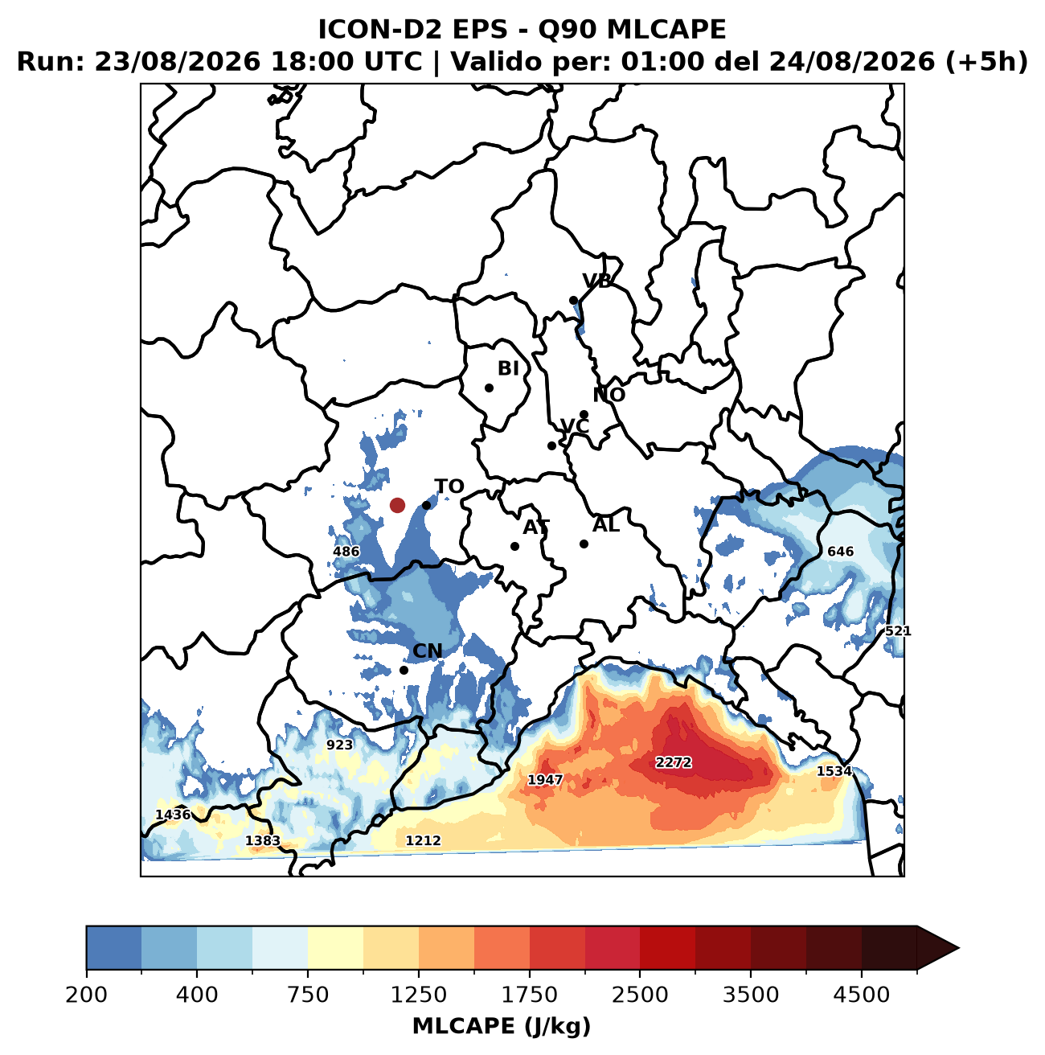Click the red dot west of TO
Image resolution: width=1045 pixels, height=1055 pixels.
[397, 505]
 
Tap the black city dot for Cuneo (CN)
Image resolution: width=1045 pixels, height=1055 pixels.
[404, 670]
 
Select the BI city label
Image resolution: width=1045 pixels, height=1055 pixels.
[508, 368]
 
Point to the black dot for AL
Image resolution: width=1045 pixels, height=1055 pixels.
[584, 544]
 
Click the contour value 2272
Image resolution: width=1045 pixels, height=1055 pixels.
[674, 762]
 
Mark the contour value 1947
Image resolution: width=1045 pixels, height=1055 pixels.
[545, 780]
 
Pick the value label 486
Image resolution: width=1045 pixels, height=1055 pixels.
[346, 552]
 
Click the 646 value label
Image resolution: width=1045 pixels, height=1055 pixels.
[840, 552]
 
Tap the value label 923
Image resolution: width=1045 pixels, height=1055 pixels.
[339, 745]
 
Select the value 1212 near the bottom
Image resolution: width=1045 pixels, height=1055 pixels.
[423, 840]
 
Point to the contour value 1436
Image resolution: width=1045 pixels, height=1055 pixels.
[173, 815]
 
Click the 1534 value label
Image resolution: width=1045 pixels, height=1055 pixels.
[834, 771]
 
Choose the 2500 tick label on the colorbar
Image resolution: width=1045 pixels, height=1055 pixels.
[640, 995]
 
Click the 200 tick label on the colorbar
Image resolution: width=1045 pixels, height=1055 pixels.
[87, 995]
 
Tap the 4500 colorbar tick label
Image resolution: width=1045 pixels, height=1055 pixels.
[862, 995]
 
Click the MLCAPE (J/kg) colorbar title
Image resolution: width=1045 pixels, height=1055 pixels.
[502, 1026]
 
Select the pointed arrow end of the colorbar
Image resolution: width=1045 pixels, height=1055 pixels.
[958, 948]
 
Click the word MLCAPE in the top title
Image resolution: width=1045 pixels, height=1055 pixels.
[666, 30]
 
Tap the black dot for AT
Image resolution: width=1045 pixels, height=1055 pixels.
[514, 546]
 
